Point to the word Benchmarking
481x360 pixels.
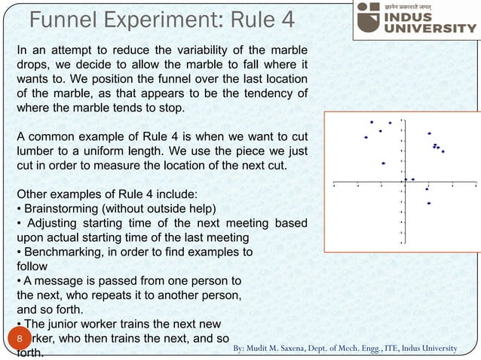click(65, 252)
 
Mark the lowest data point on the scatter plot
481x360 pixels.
click(428, 203)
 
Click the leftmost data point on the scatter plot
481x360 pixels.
click(366, 137)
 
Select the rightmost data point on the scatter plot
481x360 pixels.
click(443, 151)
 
